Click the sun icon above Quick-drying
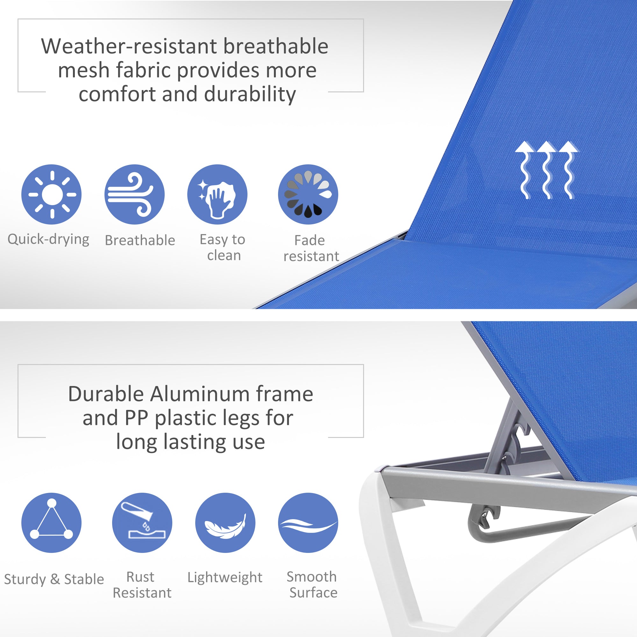(51, 195)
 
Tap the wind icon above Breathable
(134, 195)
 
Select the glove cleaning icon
(217, 195)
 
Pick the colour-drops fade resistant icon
(308, 195)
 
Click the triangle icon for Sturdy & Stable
(51, 523)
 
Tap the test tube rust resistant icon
(142, 523)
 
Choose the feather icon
(225, 523)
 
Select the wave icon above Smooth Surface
(308, 523)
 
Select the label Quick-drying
(48, 240)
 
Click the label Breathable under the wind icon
(140, 240)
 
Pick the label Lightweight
(225, 577)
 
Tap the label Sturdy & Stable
(54, 579)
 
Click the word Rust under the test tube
(140, 577)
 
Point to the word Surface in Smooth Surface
(313, 592)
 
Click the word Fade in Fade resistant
(309, 240)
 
